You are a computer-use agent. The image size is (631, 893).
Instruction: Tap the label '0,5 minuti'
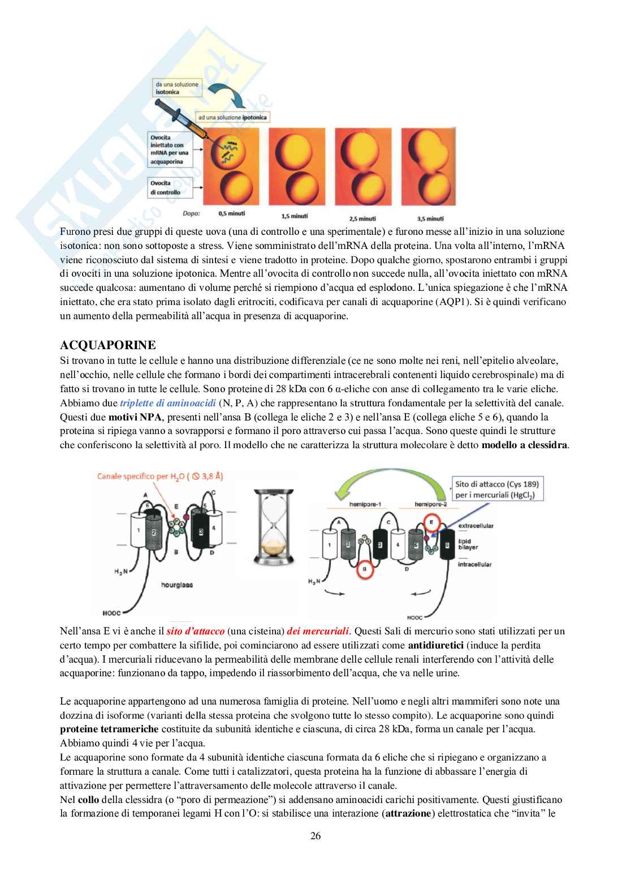point(232,214)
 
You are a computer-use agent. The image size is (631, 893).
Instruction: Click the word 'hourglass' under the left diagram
point(176,585)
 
